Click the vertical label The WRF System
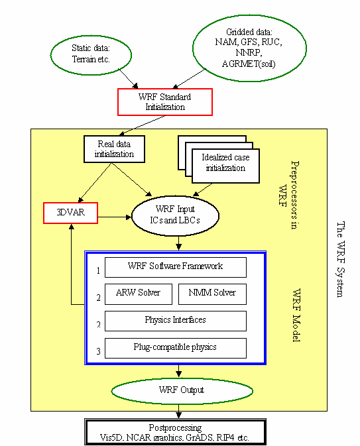tap(340, 259)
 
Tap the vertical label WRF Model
tap(297, 315)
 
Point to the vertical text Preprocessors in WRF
tap(288, 195)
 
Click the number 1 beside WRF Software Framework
tap(98, 270)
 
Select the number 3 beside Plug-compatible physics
tap(98, 351)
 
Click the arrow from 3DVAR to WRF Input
tap(115, 217)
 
